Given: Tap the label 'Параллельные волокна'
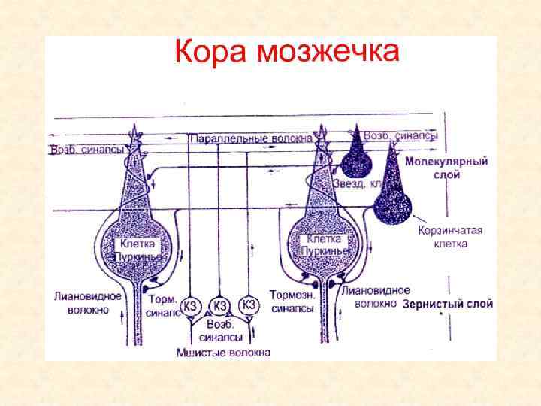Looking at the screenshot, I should coord(241,139).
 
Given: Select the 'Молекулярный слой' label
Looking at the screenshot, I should coord(447,168).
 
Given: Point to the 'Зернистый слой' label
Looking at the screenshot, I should coord(448,304).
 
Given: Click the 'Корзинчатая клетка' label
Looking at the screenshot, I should coord(451,237).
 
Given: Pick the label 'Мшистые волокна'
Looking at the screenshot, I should coord(223,352).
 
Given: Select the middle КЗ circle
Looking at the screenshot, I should coord(219,305).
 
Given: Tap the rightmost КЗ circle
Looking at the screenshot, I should coord(249,304).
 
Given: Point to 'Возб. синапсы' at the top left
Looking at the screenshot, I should coord(86,150).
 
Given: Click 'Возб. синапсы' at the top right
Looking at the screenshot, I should coord(400,136).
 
